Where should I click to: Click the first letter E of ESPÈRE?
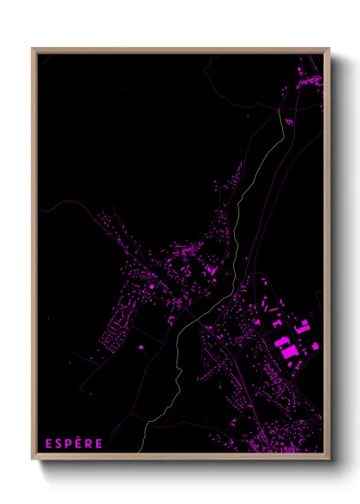point(49,443)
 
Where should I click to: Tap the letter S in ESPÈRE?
point(59,443)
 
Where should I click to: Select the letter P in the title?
point(69,443)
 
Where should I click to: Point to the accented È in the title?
point(79,443)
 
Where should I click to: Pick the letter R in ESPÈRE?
point(89,443)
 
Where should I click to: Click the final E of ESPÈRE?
point(99,443)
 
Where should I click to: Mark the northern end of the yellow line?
point(282,112)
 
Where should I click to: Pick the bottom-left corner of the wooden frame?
point(33,458)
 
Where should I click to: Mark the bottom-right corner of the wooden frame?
point(327,458)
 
